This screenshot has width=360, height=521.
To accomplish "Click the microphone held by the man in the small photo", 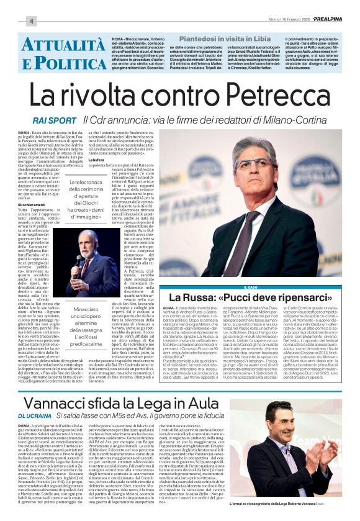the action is (x=79, y=256).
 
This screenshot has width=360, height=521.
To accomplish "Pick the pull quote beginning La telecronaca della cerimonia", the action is (x=94, y=200).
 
